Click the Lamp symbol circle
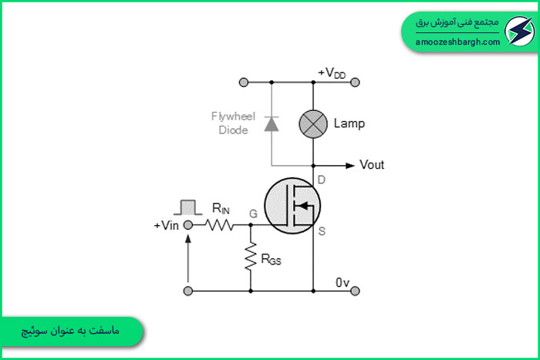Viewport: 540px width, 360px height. pyautogui.click(x=313, y=124)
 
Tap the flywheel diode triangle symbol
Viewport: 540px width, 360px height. pyautogui.click(x=272, y=124)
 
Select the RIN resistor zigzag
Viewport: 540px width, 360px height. pyautogui.click(x=219, y=225)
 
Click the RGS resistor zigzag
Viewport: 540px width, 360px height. pyautogui.click(x=251, y=256)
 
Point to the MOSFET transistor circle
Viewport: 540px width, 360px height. pyautogui.click(x=292, y=206)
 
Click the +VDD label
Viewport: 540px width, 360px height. pyautogui.click(x=332, y=73)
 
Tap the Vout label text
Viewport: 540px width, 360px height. pyautogui.click(x=372, y=165)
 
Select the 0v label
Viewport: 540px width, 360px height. pyautogui.click(x=343, y=283)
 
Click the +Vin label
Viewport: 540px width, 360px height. pyautogui.click(x=167, y=226)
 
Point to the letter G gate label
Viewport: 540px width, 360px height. pyautogui.click(x=253, y=214)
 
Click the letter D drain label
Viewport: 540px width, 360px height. pyautogui.click(x=322, y=180)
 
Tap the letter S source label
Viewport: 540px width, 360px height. pyautogui.click(x=322, y=231)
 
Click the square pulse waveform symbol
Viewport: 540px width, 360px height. pyautogui.click(x=188, y=207)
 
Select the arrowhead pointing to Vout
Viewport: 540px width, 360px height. pyautogui.click(x=350, y=166)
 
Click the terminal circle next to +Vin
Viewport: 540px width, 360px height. pyautogui.click(x=188, y=225)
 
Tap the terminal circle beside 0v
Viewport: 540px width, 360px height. pyautogui.click(x=355, y=291)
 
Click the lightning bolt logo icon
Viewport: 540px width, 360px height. pyautogui.click(x=520, y=31)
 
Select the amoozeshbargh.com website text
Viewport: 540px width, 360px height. pyautogui.click(x=457, y=42)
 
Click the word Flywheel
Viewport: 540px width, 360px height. pyautogui.click(x=233, y=116)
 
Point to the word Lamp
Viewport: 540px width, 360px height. pyautogui.click(x=349, y=123)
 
